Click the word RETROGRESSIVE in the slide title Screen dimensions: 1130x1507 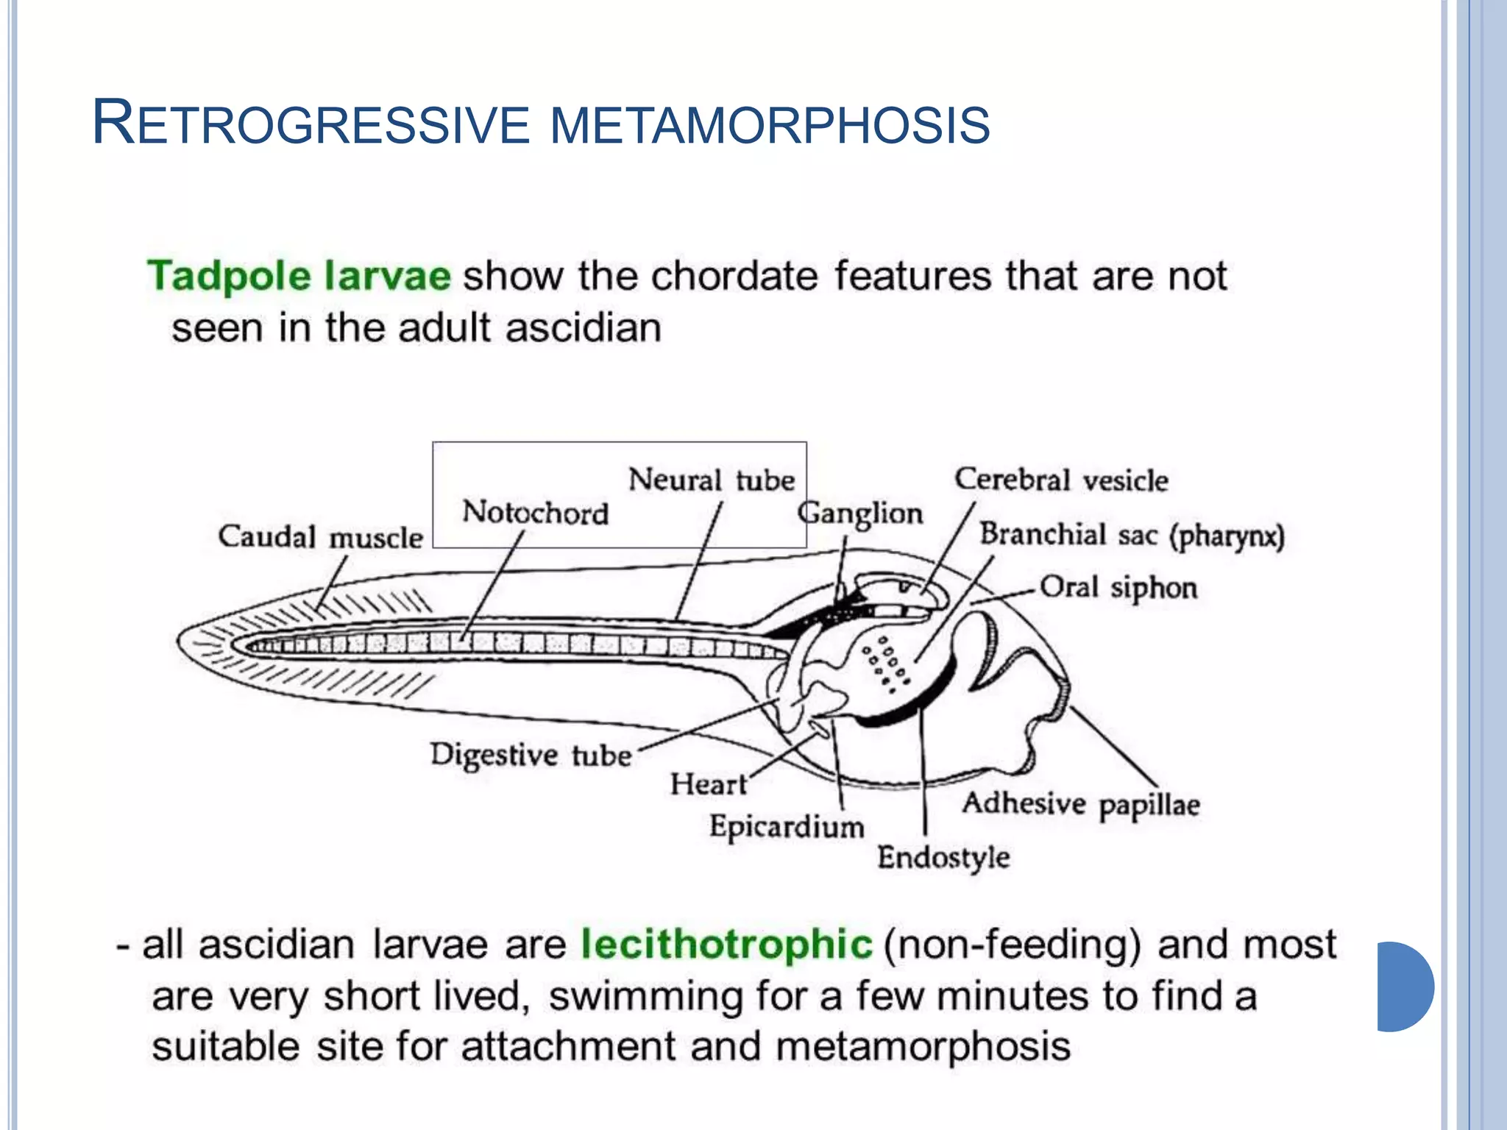tap(311, 124)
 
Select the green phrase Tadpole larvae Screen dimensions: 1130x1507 tap(299, 277)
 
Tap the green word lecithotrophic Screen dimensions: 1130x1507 tap(726, 945)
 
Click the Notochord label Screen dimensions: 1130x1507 tap(535, 512)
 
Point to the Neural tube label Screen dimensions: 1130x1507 tap(711, 480)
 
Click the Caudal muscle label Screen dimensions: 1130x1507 tap(320, 537)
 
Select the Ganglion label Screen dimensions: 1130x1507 tap(860, 513)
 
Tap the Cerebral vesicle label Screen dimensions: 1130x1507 tap(1061, 480)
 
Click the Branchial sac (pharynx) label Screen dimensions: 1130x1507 tap(1131, 535)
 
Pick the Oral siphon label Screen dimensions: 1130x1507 tap(1118, 588)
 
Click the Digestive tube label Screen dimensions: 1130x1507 tap(531, 756)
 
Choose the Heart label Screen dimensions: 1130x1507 tap(708, 784)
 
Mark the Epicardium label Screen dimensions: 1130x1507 tap(787, 827)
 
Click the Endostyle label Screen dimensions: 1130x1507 tap(943, 858)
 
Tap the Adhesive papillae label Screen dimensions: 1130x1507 tap(1081, 804)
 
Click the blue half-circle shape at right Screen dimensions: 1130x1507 tap(1404, 987)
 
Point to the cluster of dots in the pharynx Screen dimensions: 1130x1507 tap(886, 664)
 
